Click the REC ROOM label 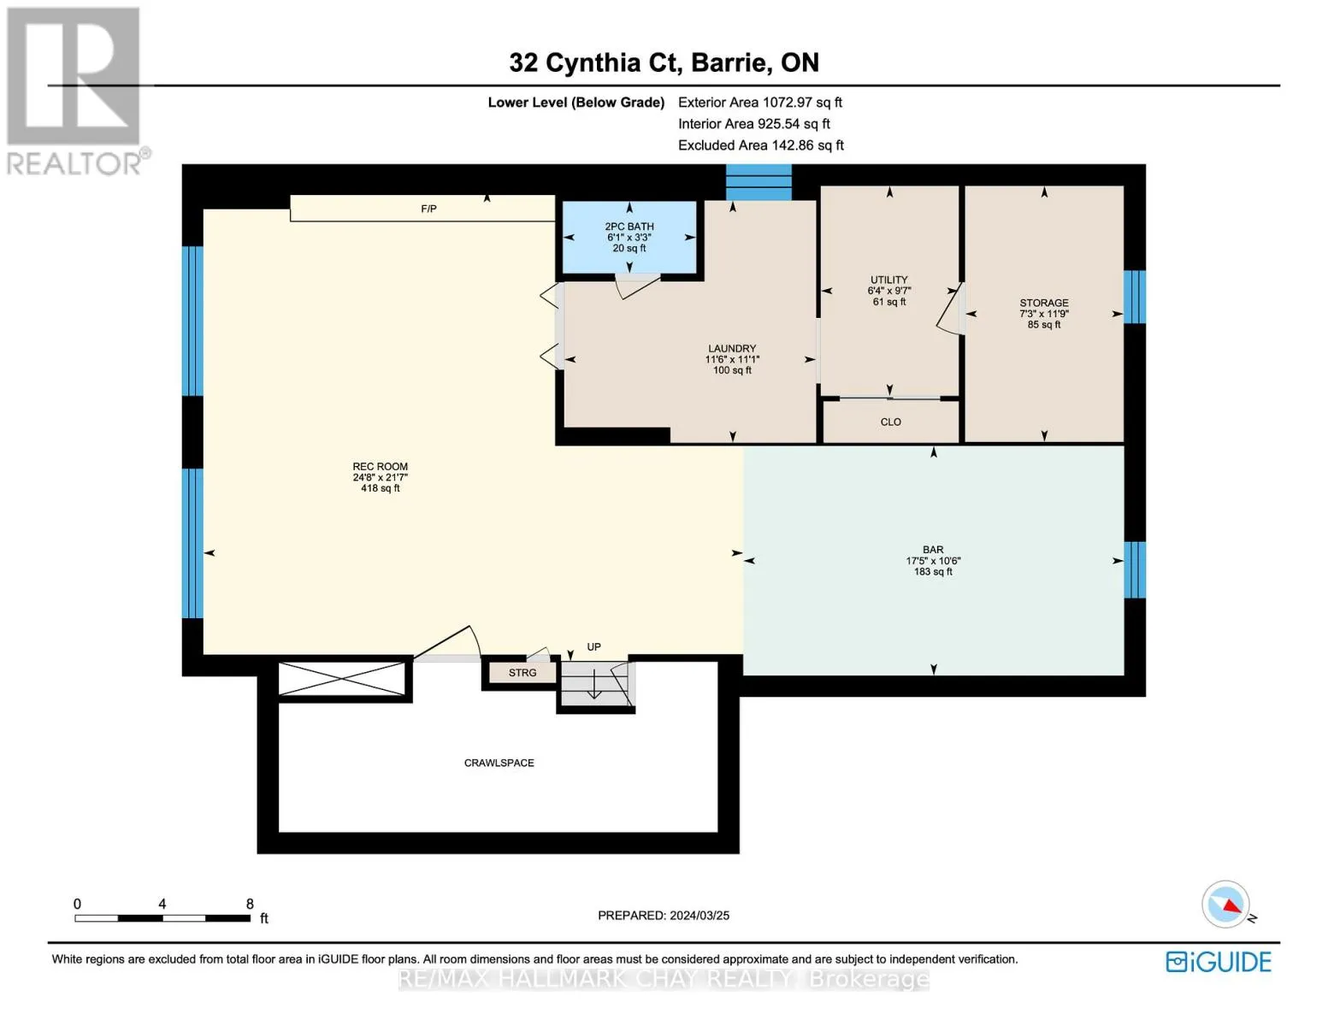click(x=381, y=466)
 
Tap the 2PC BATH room click(x=629, y=237)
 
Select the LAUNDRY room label click(x=732, y=348)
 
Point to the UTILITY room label click(x=889, y=280)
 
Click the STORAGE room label click(x=1044, y=303)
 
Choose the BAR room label click(x=933, y=550)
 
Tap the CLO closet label click(x=891, y=422)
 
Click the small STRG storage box click(x=522, y=672)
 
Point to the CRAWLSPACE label click(x=499, y=763)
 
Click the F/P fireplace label click(x=428, y=209)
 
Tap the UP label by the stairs click(x=594, y=646)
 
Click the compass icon click(x=1226, y=905)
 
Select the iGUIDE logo click(x=1218, y=962)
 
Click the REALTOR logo click(x=76, y=91)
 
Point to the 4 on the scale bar click(x=162, y=903)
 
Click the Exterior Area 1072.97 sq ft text click(x=760, y=102)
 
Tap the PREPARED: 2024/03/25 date click(x=664, y=916)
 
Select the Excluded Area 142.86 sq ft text click(x=761, y=144)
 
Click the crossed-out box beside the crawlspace click(x=342, y=678)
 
